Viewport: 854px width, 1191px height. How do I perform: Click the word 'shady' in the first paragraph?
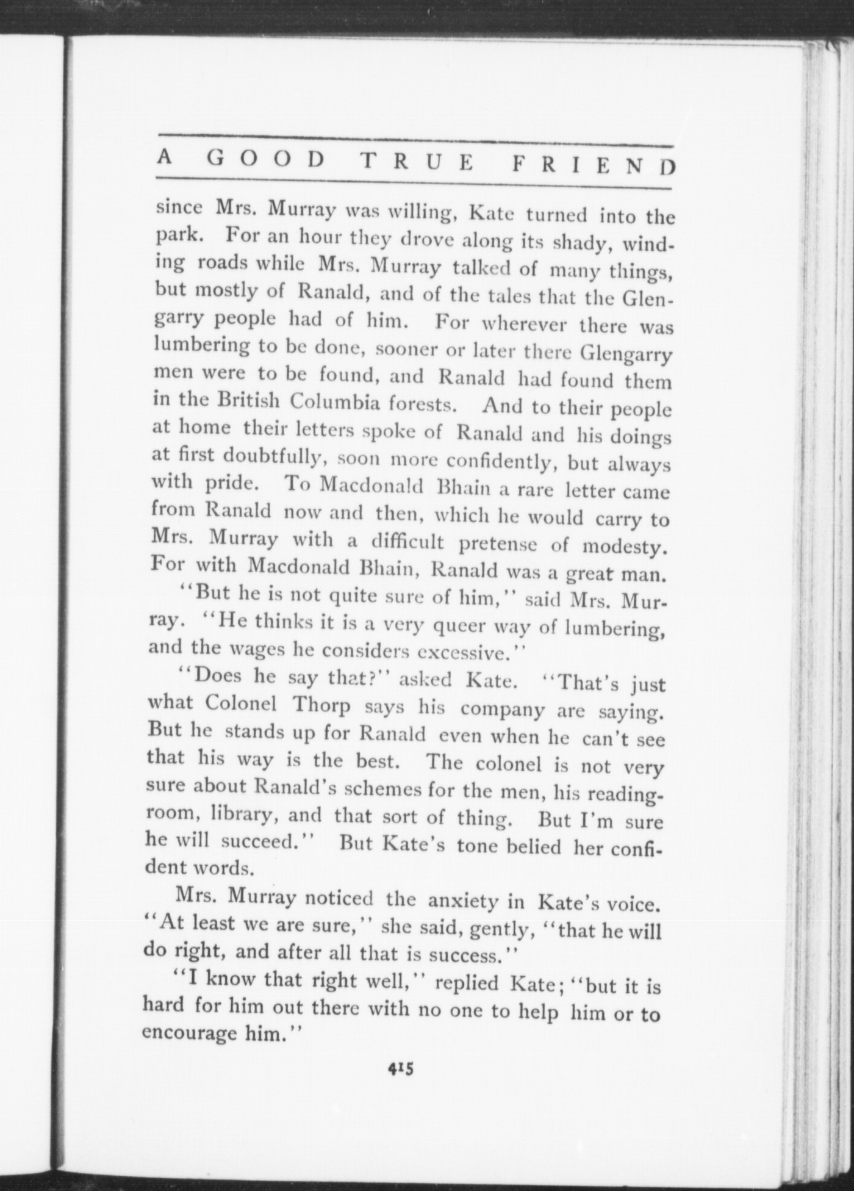579,243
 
